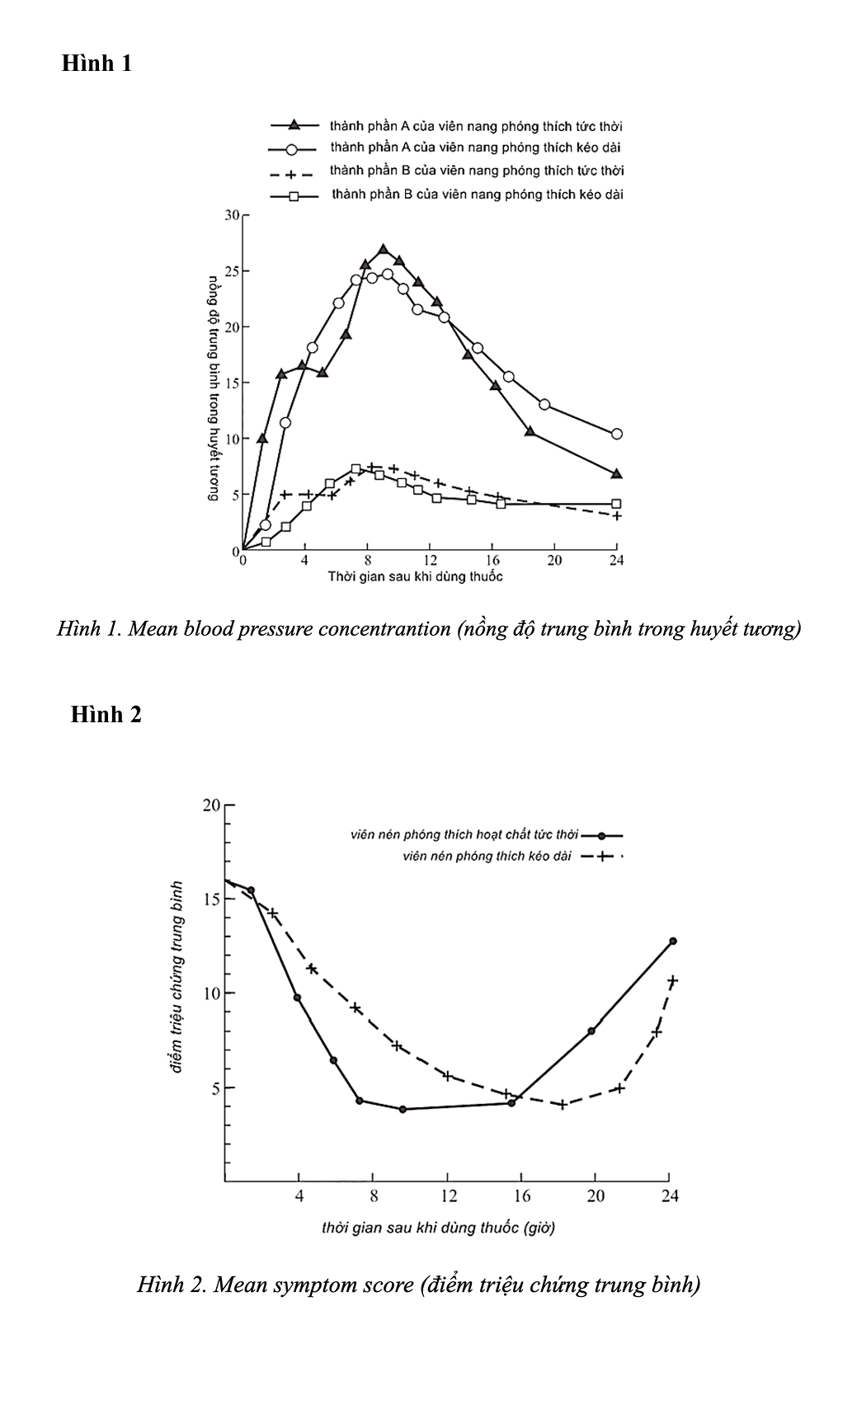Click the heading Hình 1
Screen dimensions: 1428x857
coord(97,63)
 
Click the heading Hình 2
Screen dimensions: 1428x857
coord(106,714)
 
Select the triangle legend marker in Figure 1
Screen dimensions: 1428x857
coord(293,125)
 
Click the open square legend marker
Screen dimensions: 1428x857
coord(292,196)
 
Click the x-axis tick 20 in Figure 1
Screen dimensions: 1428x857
coord(554,561)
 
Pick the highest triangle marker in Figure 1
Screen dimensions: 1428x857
coord(383,249)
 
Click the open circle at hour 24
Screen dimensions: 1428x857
coord(616,434)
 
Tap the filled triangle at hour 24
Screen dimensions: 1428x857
coord(616,474)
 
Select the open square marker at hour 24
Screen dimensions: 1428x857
coord(616,504)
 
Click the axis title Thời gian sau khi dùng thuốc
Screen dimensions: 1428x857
coord(415,576)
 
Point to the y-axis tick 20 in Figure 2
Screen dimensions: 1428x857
coord(212,806)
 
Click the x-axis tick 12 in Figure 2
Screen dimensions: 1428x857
coord(448,1196)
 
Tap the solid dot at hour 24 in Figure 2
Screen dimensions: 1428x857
coord(673,941)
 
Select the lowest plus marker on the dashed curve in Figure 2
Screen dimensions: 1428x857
coord(563,1104)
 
